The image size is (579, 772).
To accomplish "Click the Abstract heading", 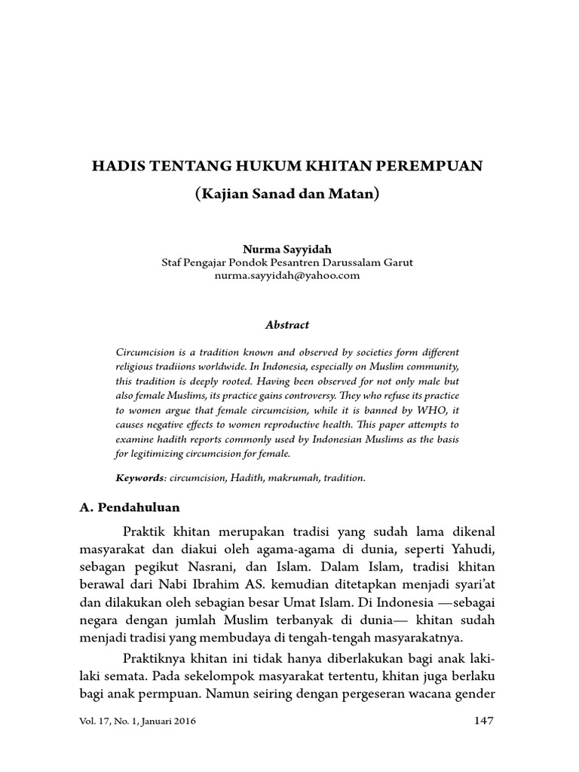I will [287, 325].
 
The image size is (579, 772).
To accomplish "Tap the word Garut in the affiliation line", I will [397, 262].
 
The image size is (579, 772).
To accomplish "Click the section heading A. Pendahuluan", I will [130, 507].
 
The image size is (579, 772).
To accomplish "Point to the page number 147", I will [483, 720].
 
